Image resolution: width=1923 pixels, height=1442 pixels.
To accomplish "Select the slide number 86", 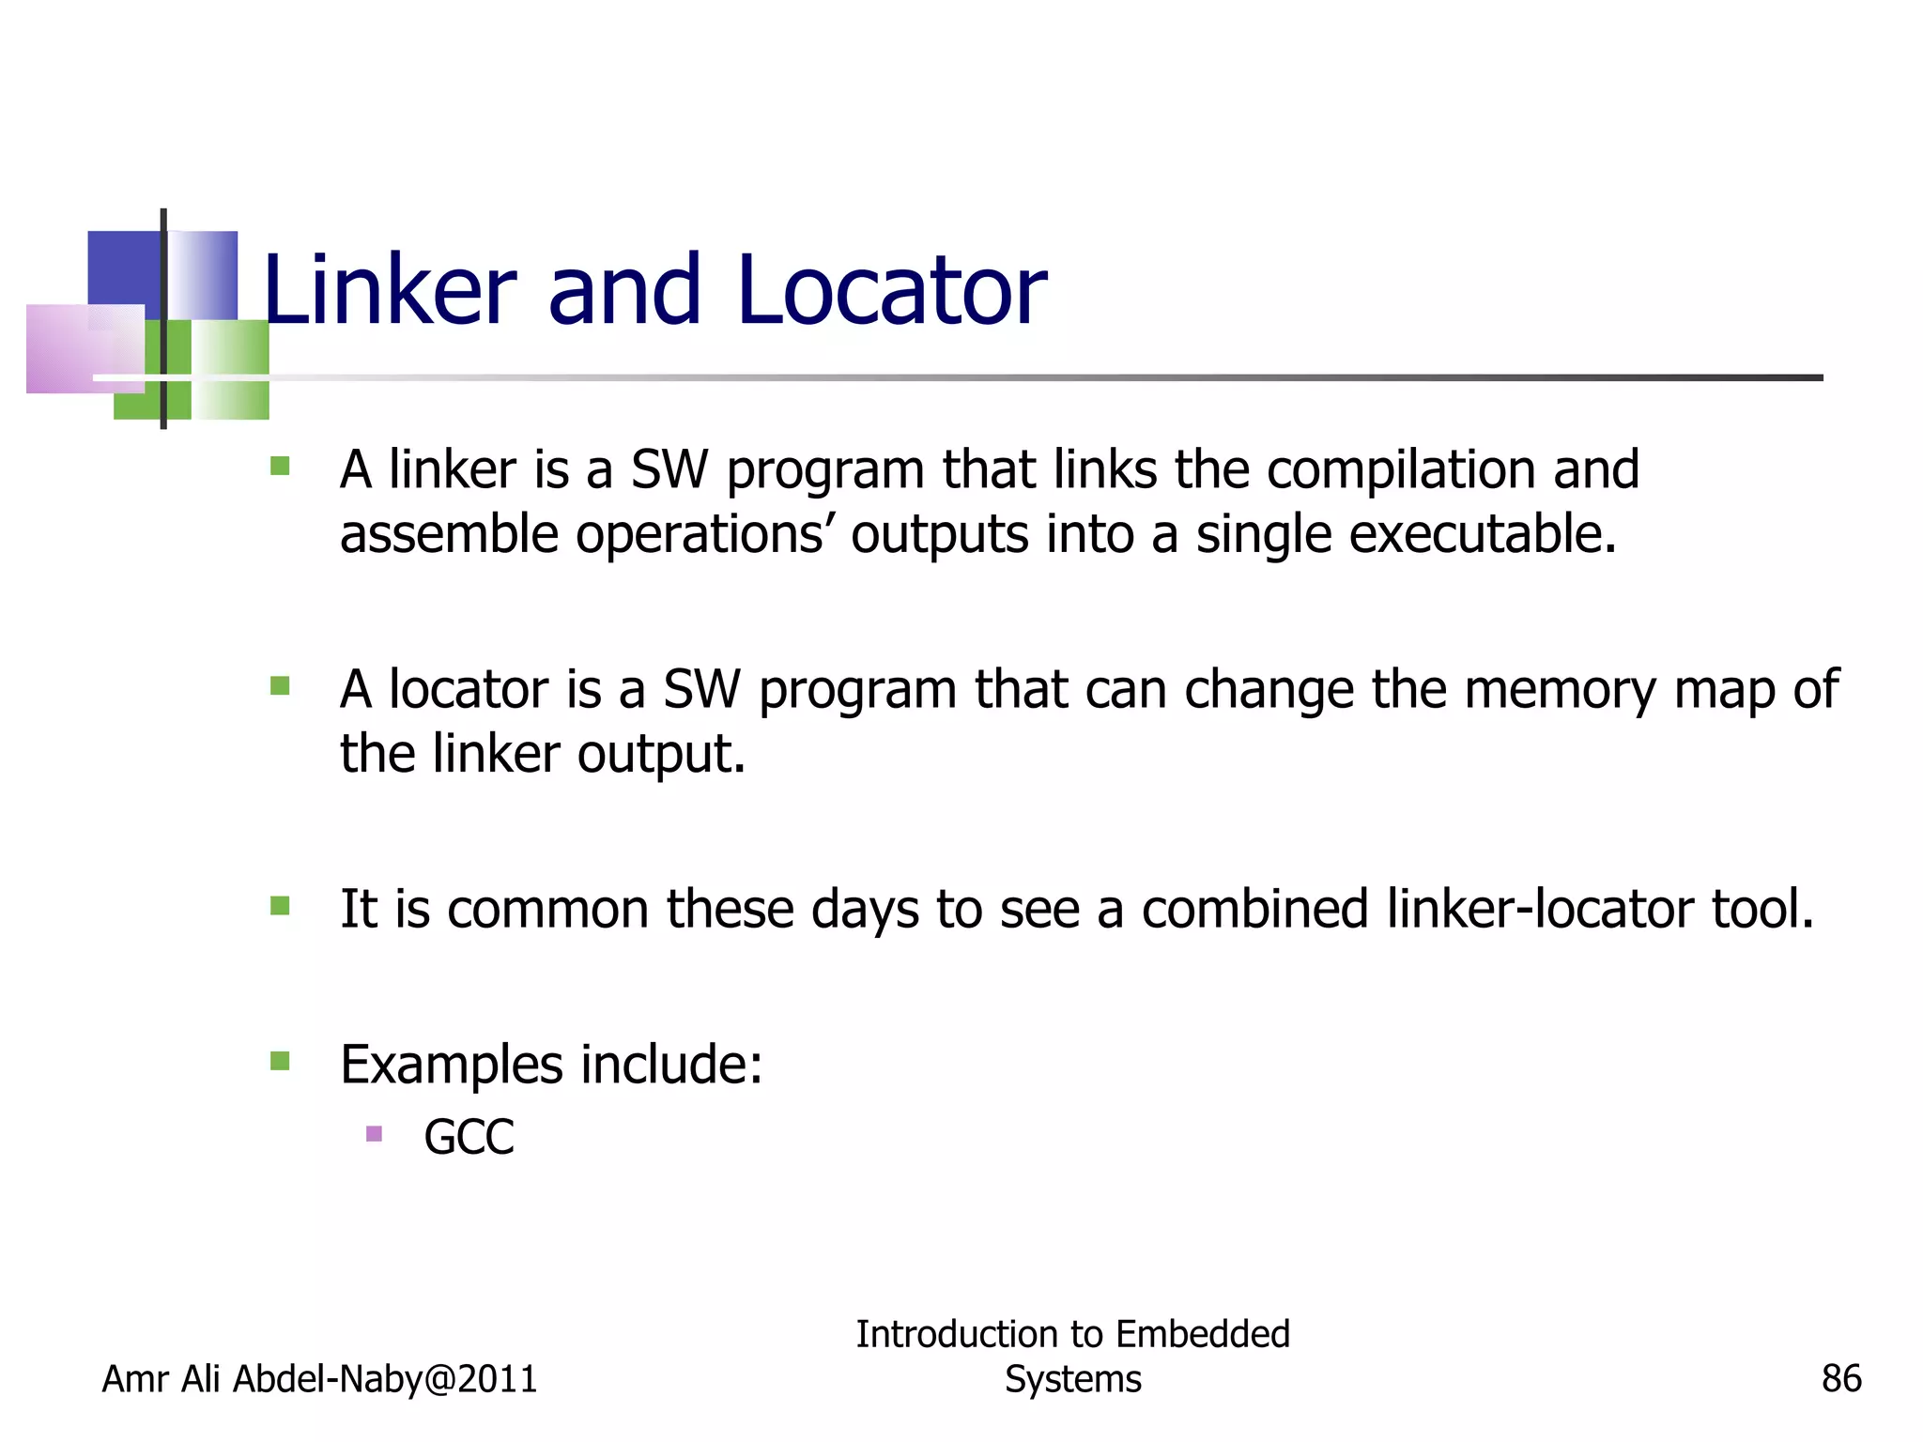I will [x=1840, y=1378].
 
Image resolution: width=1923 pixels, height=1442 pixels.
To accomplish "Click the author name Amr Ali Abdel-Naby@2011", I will [x=319, y=1378].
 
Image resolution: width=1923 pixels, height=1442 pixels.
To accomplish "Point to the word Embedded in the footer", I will [x=1203, y=1333].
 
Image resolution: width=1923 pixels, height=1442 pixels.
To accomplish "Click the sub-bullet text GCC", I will [x=469, y=1137].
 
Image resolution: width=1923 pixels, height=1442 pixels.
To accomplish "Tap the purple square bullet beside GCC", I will [x=374, y=1133].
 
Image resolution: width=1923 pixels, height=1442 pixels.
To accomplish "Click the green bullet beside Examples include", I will [x=280, y=1061].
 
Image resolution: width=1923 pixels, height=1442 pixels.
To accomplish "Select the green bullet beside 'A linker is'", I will [x=280, y=466].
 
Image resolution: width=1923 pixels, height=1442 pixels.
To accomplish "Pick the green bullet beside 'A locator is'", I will [x=280, y=685].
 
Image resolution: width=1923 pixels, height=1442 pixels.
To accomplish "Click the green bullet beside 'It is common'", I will [x=280, y=905].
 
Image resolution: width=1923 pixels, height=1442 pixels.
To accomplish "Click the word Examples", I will [x=451, y=1065].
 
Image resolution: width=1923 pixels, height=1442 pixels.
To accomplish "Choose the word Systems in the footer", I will [x=1072, y=1378].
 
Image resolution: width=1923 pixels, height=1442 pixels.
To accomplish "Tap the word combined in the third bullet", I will [x=1254, y=909].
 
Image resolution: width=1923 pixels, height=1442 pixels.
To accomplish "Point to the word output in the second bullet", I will [x=661, y=753].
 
